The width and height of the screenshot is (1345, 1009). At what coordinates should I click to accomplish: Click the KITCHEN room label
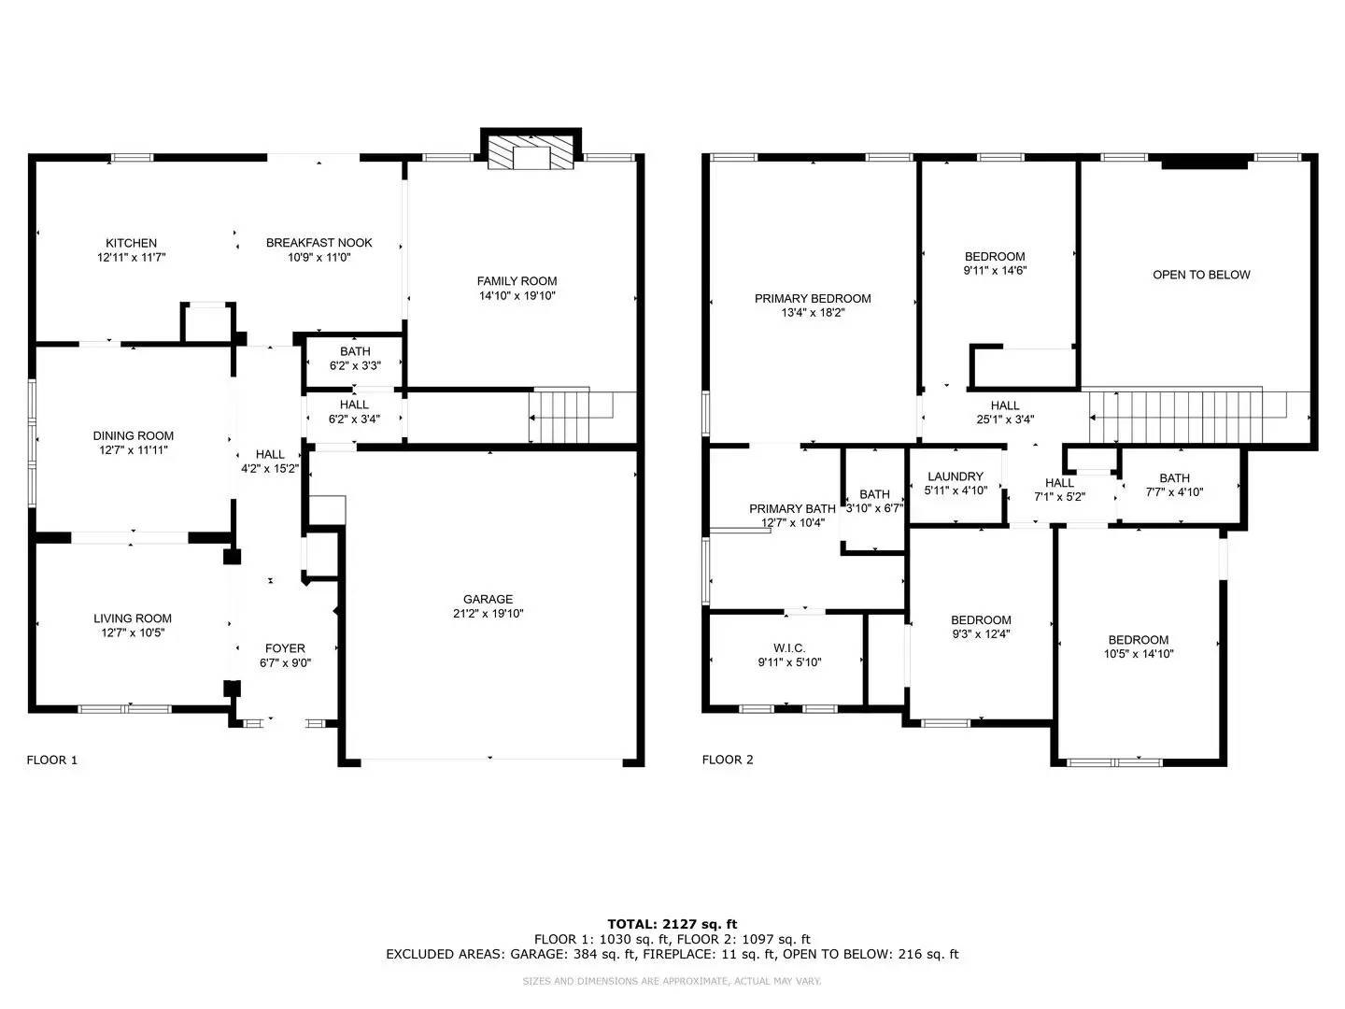(131, 243)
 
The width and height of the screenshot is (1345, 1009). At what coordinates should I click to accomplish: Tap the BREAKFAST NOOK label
(319, 243)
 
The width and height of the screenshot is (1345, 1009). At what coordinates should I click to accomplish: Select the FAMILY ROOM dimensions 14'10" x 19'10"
(517, 295)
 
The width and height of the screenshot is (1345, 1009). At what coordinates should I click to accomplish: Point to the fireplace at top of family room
(531, 149)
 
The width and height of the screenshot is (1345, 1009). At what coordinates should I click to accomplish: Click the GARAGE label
(488, 599)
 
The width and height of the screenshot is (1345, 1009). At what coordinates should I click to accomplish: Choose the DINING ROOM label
(133, 435)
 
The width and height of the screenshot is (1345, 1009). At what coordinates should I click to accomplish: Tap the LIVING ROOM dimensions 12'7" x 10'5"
(133, 632)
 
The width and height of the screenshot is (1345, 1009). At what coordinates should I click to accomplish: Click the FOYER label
(285, 648)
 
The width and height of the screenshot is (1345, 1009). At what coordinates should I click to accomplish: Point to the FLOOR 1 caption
(52, 760)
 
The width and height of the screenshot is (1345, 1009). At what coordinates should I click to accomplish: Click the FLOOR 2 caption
(728, 760)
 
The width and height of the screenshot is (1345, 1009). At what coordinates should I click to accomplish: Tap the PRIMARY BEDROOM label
(813, 298)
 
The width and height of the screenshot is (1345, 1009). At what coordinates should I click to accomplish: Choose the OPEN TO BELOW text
(1201, 275)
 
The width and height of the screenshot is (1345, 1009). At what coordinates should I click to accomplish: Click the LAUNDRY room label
(956, 476)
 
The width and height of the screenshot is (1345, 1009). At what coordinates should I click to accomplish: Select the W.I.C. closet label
(789, 647)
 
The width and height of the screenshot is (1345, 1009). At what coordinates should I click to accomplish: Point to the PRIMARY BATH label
(792, 508)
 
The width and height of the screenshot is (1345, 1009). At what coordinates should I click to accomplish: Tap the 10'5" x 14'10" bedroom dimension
(1139, 654)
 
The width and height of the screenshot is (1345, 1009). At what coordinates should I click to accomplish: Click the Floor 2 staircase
(1199, 416)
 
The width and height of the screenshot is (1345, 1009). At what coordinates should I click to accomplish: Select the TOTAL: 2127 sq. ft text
(672, 924)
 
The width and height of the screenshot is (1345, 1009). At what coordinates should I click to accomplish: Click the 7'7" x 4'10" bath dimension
(1174, 492)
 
